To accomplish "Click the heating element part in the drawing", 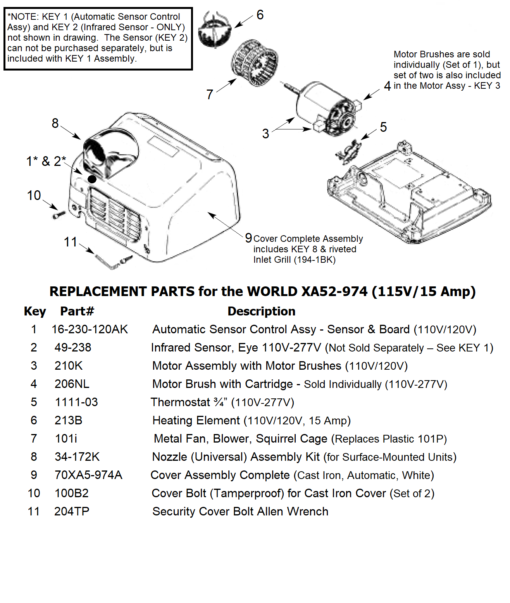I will [x=215, y=29].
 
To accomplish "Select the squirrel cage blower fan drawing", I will [x=255, y=62].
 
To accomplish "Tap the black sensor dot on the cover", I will [x=92, y=179].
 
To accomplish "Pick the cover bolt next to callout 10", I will [x=59, y=213].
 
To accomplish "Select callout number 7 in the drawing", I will [x=210, y=94].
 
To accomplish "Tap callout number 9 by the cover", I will [x=248, y=238].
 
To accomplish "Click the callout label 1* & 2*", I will [x=46, y=161].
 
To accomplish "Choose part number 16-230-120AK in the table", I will [x=90, y=329].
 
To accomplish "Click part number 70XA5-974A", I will [x=88, y=475].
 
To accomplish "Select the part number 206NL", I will [x=72, y=384].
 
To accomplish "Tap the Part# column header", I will [x=77, y=311].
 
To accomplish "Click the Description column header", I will [x=261, y=311].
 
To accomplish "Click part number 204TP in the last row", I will [x=72, y=512].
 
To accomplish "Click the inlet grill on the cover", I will [x=114, y=215].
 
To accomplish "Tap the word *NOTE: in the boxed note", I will [x=23, y=17].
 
